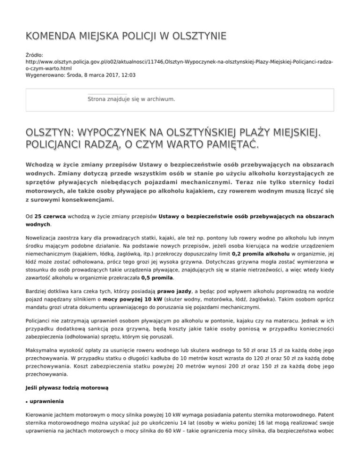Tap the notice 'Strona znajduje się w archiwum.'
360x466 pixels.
(x=131, y=99)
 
